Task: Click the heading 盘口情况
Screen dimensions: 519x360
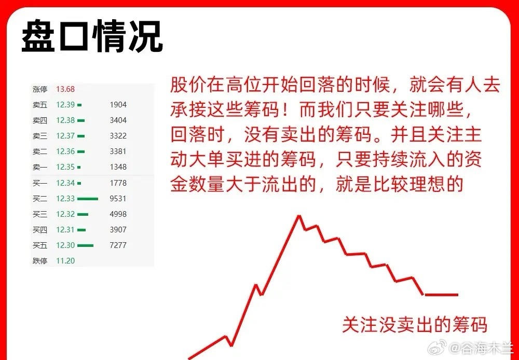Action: [x=92, y=36]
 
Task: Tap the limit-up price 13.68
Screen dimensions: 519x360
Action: [x=65, y=89]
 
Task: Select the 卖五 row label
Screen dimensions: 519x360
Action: [x=40, y=105]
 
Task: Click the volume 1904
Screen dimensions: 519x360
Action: [x=118, y=105]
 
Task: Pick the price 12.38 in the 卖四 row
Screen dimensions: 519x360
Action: [x=65, y=120]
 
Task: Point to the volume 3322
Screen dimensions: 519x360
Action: [x=118, y=136]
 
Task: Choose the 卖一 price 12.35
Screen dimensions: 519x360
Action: [x=65, y=167]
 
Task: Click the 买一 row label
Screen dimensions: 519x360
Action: [x=40, y=183]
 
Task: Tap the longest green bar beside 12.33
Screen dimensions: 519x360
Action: [x=88, y=199]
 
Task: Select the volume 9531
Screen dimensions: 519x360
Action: [x=118, y=199]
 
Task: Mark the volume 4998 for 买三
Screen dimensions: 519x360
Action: [x=118, y=214]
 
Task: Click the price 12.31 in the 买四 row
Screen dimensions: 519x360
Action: [x=65, y=230]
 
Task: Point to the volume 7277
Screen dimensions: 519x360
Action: [x=118, y=245]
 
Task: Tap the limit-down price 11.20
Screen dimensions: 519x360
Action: [x=65, y=261]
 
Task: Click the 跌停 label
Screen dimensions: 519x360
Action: [x=40, y=261]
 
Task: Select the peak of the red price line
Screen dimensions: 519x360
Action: [x=299, y=216]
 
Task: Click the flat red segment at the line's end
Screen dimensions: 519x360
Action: [x=442, y=295]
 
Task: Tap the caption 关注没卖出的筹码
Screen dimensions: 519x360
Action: [x=415, y=325]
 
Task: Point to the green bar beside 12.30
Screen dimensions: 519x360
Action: [x=86, y=245]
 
